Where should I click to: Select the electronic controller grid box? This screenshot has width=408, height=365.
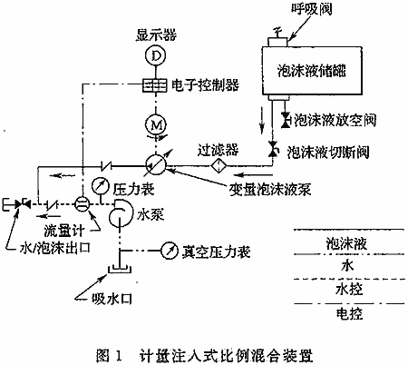pyautogui.click(x=154, y=84)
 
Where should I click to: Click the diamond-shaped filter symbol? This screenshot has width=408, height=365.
pyautogui.click(x=219, y=165)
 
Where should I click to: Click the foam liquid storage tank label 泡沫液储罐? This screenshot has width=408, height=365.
pyautogui.click(x=312, y=71)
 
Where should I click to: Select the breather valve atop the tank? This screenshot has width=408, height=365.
pyautogui.click(x=277, y=39)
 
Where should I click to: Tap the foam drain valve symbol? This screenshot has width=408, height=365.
pyautogui.click(x=286, y=120)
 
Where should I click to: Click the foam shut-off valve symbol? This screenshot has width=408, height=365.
pyautogui.click(x=273, y=149)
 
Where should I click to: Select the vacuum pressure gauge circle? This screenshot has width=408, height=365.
pyautogui.click(x=170, y=251)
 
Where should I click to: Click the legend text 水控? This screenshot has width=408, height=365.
pyautogui.click(x=349, y=290)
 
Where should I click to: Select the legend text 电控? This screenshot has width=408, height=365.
pyautogui.click(x=349, y=313)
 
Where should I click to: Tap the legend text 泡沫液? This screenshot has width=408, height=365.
pyautogui.click(x=346, y=243)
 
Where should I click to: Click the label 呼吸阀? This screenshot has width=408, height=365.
pyautogui.click(x=312, y=9)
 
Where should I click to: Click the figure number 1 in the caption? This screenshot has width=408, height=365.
pyautogui.click(x=118, y=355)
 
